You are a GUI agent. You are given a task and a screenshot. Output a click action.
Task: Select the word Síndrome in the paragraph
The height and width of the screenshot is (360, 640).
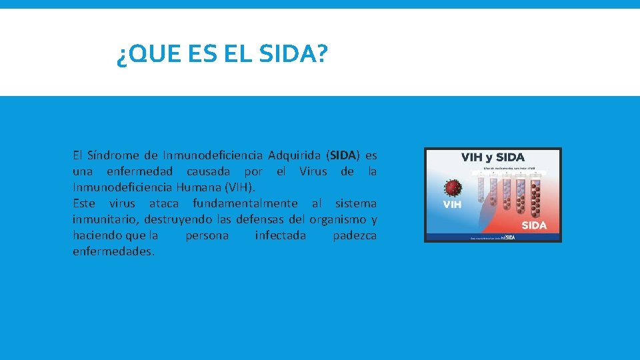tap(113, 155)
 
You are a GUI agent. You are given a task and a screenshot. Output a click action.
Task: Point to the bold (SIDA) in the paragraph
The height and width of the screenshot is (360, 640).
tap(344, 155)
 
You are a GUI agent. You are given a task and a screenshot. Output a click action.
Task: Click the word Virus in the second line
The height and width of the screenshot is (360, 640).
tap(313, 171)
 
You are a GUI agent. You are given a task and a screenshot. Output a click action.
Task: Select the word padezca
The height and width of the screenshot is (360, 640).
tap(354, 235)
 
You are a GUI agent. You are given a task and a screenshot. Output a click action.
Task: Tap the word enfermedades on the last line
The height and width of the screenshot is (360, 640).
tap(113, 251)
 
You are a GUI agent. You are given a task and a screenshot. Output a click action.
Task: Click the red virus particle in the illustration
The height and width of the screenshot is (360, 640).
tap(454, 187)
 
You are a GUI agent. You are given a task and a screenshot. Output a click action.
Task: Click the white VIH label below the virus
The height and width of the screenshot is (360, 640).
tap(453, 205)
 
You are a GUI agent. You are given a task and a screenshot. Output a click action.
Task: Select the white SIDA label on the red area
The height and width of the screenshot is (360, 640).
tap(534, 225)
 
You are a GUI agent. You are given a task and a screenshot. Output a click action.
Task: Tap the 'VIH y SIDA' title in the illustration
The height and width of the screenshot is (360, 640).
tap(493, 158)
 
